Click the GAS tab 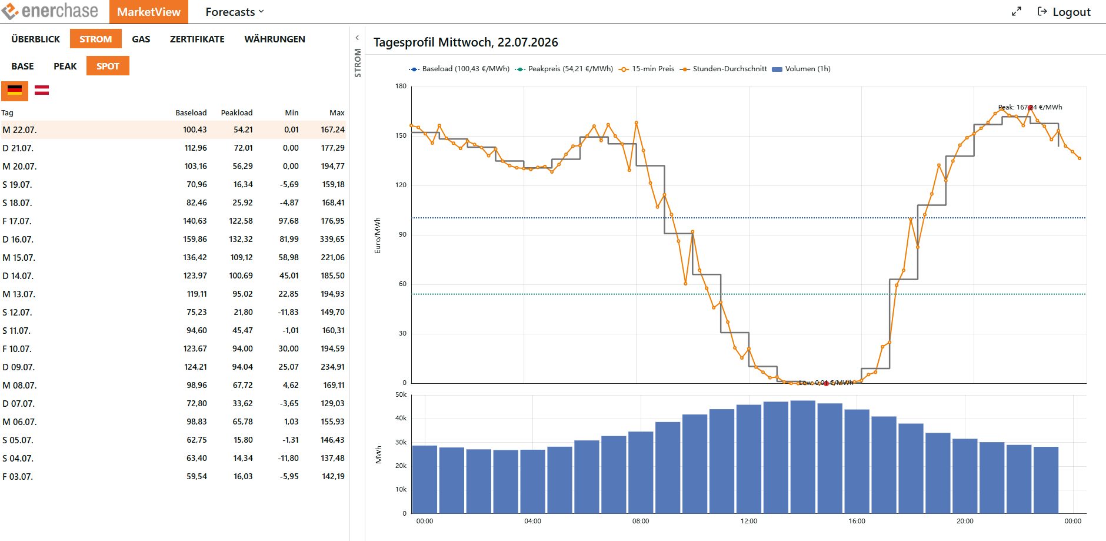point(141,39)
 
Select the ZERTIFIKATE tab point(197,39)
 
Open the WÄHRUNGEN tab point(275,39)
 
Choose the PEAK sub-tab point(65,66)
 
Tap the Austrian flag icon point(42,90)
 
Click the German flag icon point(15,90)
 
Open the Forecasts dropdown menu point(235,12)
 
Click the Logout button point(1064,12)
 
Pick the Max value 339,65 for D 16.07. point(332,239)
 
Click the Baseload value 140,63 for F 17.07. point(195,221)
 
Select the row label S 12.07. point(17,312)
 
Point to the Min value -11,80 point(288,458)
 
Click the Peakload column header point(236,112)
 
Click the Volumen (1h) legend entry point(801,69)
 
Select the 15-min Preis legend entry point(647,69)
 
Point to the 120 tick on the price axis point(401,185)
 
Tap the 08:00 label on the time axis point(641,521)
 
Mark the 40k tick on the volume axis point(401,418)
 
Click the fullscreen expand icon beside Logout point(1017,12)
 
